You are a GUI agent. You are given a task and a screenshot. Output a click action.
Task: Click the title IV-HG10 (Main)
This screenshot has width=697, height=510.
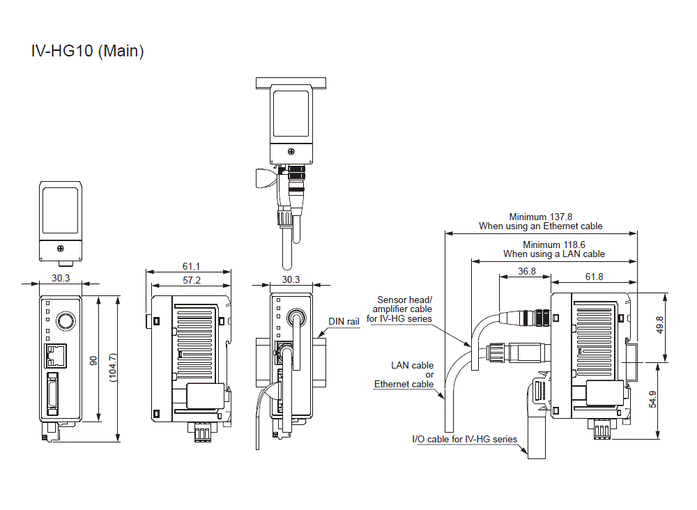click(x=88, y=51)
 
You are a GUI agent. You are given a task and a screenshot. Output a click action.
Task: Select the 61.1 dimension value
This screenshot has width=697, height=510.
click(x=192, y=267)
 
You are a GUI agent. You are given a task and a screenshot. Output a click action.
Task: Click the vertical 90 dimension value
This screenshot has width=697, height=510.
click(x=93, y=360)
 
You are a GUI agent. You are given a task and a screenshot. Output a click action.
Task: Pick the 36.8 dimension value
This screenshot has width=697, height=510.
click(x=527, y=271)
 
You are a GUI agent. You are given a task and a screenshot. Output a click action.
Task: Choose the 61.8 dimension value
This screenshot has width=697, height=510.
click(x=594, y=277)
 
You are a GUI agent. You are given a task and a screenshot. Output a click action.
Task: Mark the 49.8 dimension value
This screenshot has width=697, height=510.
click(x=660, y=326)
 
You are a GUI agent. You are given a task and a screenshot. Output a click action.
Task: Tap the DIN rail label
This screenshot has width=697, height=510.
click(x=344, y=322)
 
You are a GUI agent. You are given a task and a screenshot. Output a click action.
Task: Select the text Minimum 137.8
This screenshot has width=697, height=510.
click(x=541, y=217)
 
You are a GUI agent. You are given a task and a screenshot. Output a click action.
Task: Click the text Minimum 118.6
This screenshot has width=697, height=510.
click(x=554, y=245)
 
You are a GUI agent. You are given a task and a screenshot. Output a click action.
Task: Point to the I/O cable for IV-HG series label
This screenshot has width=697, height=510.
click(x=465, y=439)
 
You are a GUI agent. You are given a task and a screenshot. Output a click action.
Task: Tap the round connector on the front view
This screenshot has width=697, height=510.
click(x=65, y=320)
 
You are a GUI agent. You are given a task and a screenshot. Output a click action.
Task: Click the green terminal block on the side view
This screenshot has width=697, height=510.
click(x=202, y=433)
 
